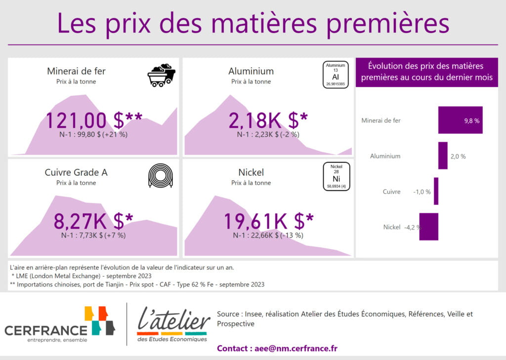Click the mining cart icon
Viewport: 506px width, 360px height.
point(162,75)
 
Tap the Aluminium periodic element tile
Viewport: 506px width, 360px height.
point(336,75)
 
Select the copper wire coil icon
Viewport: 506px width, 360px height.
point(161,176)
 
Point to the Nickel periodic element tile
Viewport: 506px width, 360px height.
point(336,176)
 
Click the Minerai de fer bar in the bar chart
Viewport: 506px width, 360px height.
point(460,120)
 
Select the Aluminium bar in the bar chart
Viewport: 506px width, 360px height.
point(443,156)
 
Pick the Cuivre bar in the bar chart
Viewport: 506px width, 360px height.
point(436,191)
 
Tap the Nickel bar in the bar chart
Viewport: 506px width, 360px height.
point(428,227)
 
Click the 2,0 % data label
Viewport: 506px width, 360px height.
point(458,157)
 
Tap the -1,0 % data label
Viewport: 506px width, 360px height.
point(422,192)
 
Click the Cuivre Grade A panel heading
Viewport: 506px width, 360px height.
point(76,172)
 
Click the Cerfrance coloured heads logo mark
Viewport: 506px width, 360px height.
point(100,320)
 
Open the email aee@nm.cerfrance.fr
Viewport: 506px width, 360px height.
point(296,348)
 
